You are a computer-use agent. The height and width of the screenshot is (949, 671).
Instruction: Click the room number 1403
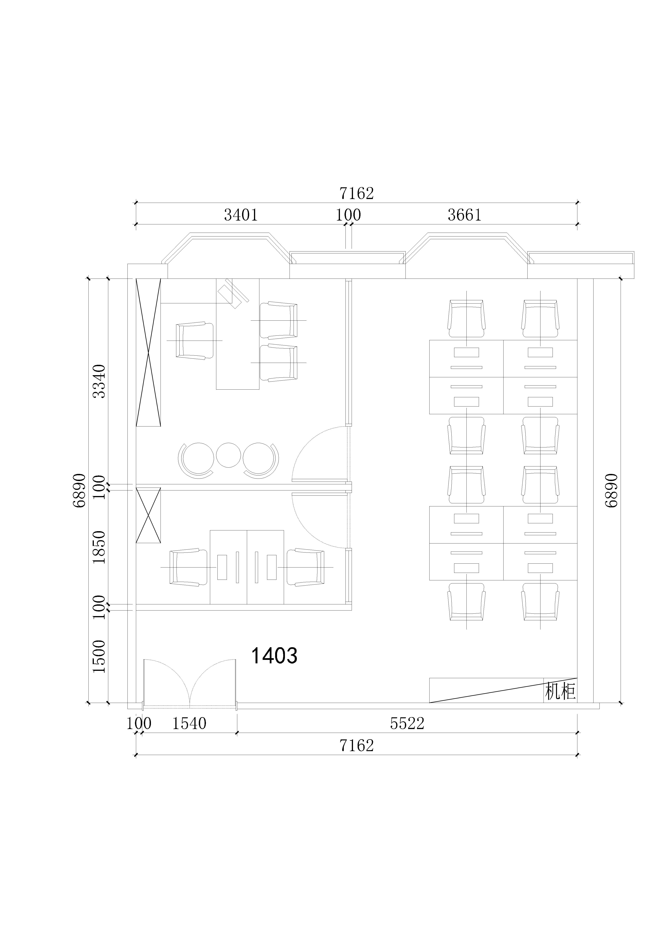(x=274, y=655)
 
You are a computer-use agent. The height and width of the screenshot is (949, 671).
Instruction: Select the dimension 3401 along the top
(x=241, y=215)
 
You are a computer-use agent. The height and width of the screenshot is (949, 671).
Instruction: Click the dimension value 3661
(x=465, y=215)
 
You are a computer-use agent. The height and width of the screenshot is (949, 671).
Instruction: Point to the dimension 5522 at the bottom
(x=407, y=723)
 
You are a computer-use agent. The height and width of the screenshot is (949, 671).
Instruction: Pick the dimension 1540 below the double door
(x=189, y=723)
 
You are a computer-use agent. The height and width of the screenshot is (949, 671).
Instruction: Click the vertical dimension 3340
(x=99, y=381)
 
